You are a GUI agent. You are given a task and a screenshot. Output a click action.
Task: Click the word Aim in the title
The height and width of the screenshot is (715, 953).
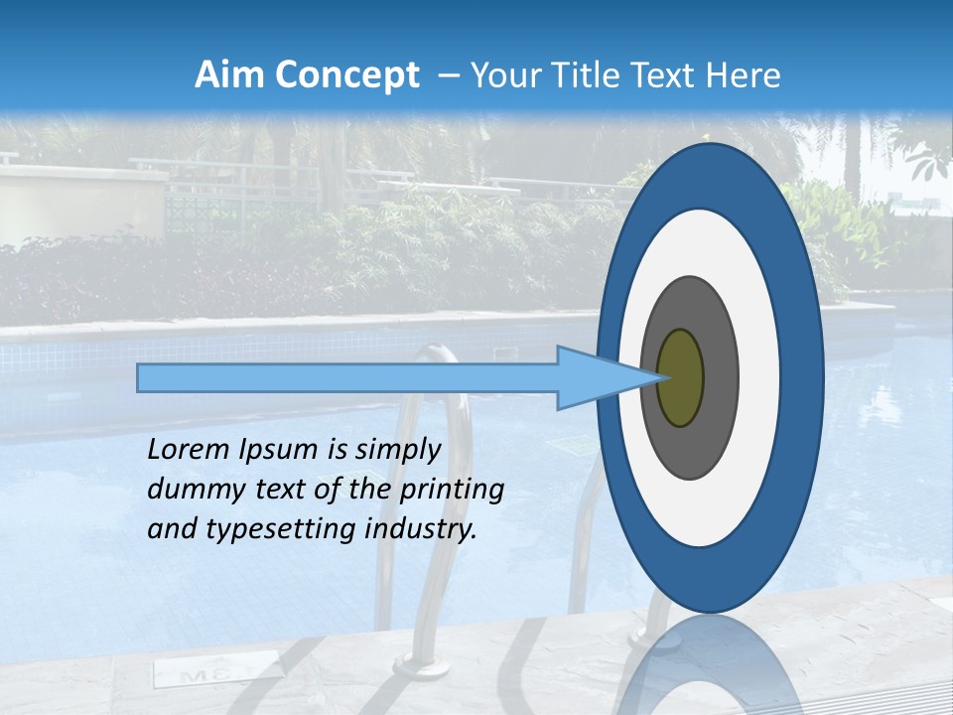(226, 75)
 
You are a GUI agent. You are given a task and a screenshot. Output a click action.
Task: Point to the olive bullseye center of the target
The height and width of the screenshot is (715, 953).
(681, 378)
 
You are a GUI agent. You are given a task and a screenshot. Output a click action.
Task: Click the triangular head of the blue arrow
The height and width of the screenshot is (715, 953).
(596, 378)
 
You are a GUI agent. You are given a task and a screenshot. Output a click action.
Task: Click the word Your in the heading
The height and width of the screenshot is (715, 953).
(505, 75)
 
